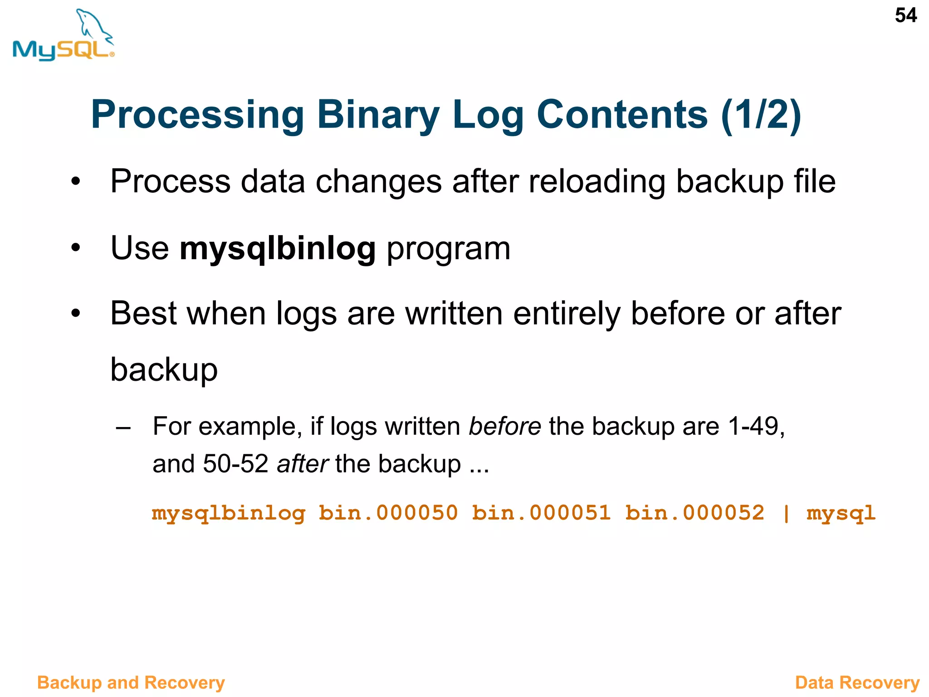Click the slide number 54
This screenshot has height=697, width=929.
[x=905, y=16]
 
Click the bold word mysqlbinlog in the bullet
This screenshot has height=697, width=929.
[x=278, y=249]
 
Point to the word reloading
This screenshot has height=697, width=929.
[x=597, y=182]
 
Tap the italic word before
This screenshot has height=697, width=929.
[x=504, y=427]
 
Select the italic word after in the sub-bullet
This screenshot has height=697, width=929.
[x=302, y=464]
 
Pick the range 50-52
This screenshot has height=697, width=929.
[x=235, y=464]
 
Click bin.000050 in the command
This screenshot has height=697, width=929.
[x=388, y=514]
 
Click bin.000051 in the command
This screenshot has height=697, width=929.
[x=541, y=514]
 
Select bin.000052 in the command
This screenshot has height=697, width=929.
[x=694, y=514]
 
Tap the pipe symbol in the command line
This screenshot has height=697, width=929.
[x=786, y=514]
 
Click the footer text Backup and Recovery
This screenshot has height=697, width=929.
[x=131, y=682]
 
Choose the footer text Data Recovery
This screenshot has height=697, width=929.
[x=857, y=682]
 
